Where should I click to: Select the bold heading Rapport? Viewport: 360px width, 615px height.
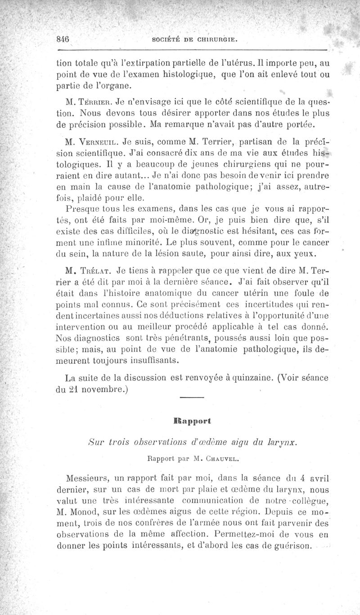(192, 421)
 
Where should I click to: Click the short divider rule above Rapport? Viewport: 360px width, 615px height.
(192, 397)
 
